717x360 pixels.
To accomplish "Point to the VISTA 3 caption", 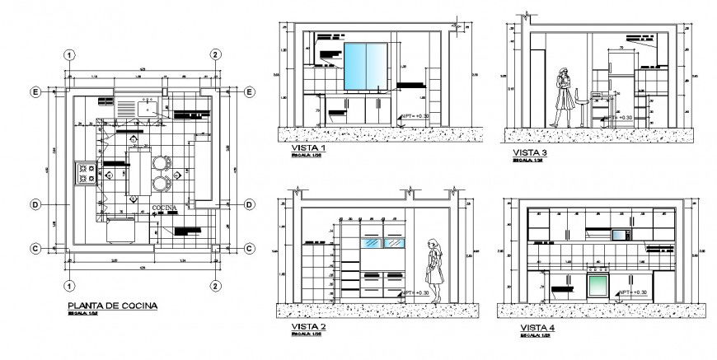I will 529,152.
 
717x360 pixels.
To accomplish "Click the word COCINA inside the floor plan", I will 165,208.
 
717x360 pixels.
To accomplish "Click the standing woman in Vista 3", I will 564,96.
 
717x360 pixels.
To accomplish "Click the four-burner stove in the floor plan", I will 86,173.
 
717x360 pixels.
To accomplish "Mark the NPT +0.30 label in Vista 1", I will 417,118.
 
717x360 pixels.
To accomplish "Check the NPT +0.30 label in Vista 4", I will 635,292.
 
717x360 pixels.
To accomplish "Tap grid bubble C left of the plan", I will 36,248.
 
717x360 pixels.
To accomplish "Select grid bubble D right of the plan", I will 249,203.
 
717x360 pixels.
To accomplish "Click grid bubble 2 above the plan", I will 214,54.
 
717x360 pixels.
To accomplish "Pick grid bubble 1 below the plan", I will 71,285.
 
